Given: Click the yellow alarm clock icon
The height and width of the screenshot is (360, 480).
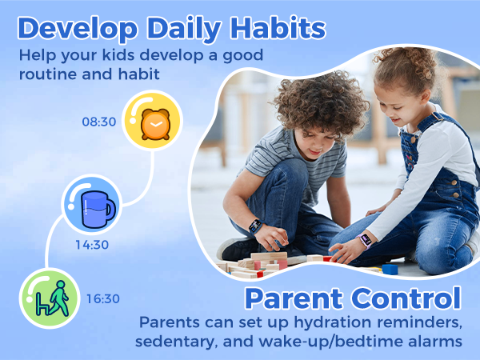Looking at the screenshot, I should (152, 121).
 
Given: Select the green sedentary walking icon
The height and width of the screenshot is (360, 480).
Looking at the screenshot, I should (50, 298).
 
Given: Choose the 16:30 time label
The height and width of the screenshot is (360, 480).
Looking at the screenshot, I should (102, 299).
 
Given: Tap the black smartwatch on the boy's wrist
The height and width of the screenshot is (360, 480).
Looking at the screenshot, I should (255, 226).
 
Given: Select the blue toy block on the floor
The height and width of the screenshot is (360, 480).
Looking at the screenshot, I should (390, 269).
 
